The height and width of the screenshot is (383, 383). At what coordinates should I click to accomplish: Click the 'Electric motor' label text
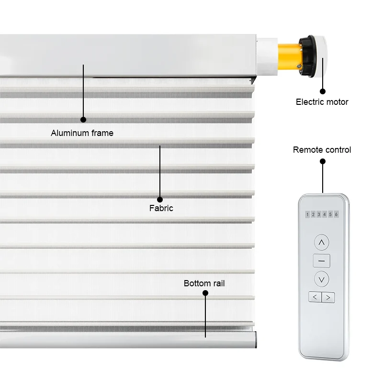[322, 102]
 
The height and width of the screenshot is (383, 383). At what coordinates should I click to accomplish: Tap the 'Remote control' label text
[322, 150]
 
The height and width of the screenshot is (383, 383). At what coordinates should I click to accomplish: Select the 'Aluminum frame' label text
[82, 133]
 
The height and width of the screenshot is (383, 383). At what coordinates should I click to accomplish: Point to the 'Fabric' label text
[161, 208]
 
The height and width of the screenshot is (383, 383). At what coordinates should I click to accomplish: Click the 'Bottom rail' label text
[204, 283]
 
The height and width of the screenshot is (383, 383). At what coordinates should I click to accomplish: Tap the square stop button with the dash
[321, 260]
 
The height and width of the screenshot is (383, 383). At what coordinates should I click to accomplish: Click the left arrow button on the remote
[315, 297]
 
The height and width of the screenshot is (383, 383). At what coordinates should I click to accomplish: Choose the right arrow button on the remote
[328, 297]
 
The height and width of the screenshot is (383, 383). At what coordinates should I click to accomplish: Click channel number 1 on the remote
[307, 214]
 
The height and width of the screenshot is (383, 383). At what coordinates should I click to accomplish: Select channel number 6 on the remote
[336, 214]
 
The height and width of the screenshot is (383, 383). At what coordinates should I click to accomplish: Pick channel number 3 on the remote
[319, 214]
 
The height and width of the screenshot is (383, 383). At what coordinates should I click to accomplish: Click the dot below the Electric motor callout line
[323, 91]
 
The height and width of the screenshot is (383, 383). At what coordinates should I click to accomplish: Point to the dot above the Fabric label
[160, 199]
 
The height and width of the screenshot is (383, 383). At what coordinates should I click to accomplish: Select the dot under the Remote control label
[323, 162]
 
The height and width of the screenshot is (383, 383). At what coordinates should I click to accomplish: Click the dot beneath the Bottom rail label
[205, 293]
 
